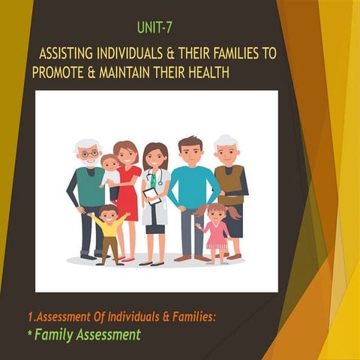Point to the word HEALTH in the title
[x=205, y=73]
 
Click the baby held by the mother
[x=109, y=169]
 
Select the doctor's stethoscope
[x=156, y=178]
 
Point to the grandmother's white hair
[x=226, y=140]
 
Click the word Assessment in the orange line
[x=82, y=317]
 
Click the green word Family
[x=58, y=334]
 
